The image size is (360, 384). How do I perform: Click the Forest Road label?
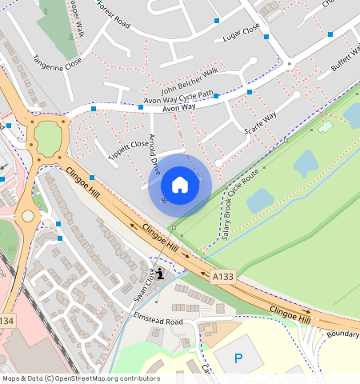[x=113, y=14]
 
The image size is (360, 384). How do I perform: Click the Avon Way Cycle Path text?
[x=178, y=97]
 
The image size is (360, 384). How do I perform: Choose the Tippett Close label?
[x=129, y=145]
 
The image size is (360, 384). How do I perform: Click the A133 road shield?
[x=223, y=276]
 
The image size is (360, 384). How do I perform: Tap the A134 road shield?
[x=6, y=320]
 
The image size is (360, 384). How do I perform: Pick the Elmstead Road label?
[x=158, y=321]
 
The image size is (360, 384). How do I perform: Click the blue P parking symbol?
[x=238, y=358]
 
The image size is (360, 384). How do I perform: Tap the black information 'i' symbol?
[x=161, y=274]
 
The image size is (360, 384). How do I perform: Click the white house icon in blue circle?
[x=180, y=185]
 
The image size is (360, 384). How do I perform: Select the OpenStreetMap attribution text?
[x=82, y=378]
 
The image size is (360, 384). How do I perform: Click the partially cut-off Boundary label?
[x=342, y=334]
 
